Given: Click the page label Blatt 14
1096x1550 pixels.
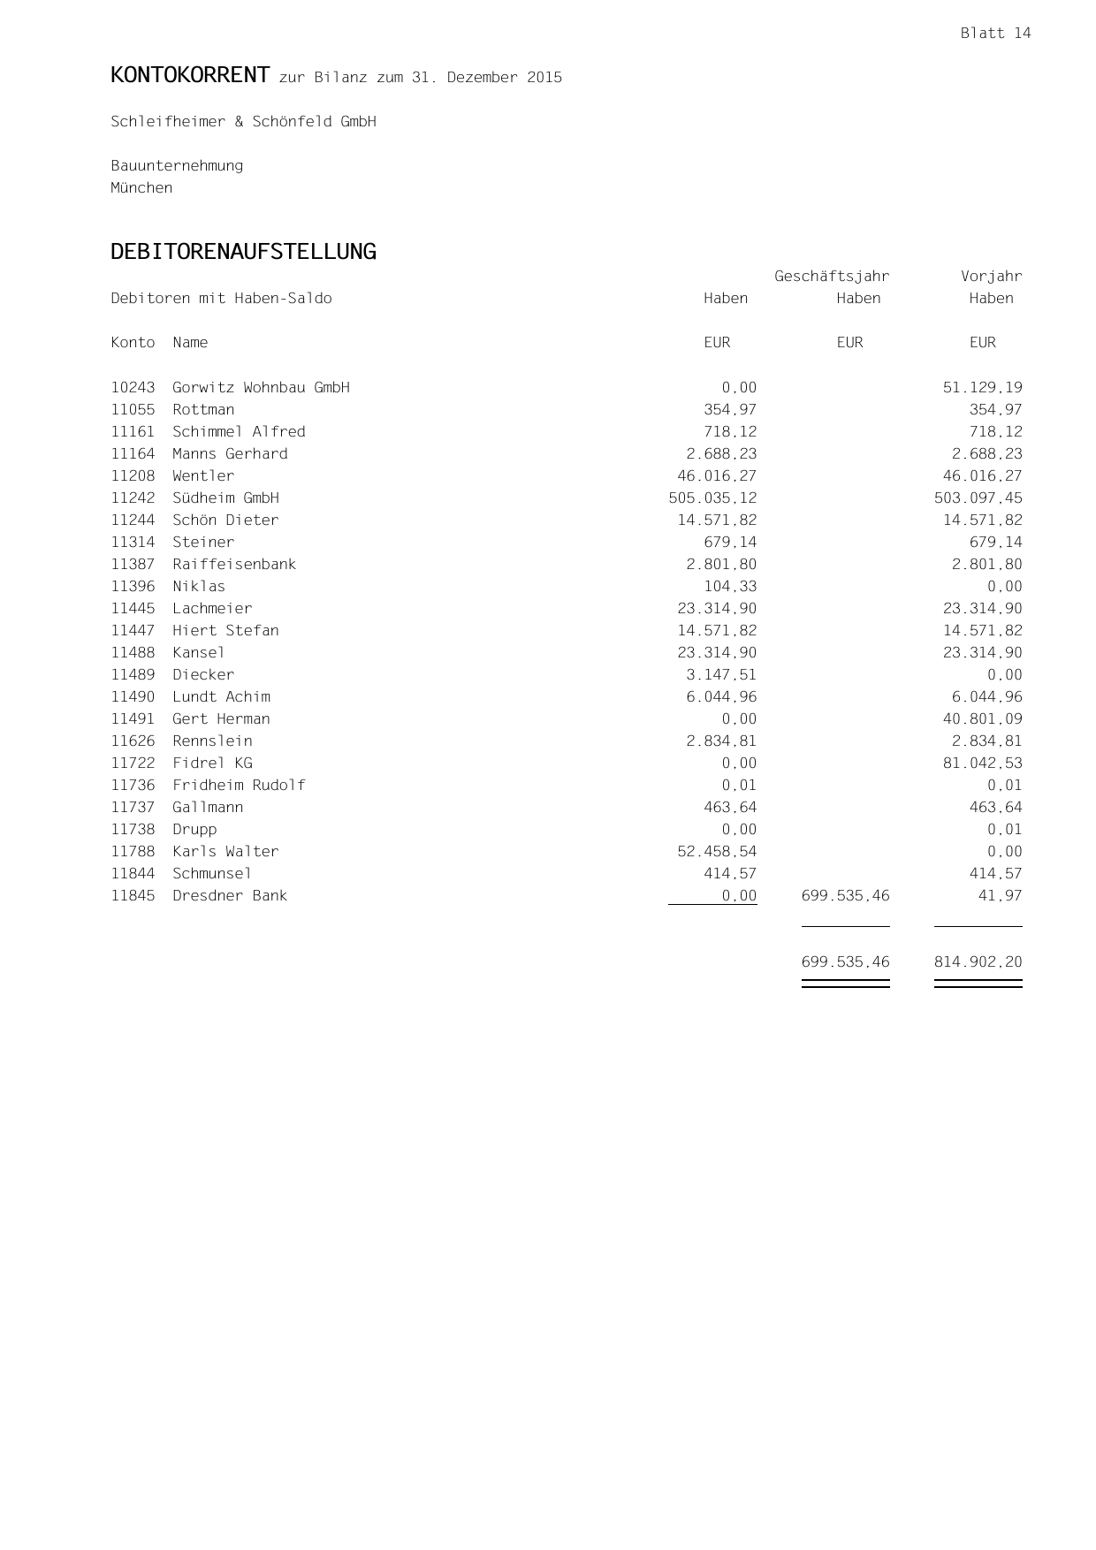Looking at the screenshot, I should (995, 34).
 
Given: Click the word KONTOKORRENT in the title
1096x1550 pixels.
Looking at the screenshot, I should (190, 76).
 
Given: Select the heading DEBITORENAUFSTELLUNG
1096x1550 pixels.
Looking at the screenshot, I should (243, 252).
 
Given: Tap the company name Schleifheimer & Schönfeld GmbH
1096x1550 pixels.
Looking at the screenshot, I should (243, 122).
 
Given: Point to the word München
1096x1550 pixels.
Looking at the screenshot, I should (141, 188).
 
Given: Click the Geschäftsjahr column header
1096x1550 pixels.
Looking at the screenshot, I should (832, 277).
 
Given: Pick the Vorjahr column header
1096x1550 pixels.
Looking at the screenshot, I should (991, 277).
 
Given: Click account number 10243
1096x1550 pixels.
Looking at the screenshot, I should (133, 388).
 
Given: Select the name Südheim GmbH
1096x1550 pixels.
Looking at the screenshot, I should (225, 498).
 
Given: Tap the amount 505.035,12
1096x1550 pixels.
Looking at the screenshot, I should (712, 498).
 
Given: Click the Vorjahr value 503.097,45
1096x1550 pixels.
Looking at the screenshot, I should (978, 498).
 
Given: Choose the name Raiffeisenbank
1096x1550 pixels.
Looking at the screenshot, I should (234, 565).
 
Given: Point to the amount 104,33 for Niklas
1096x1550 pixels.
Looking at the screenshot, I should (730, 587).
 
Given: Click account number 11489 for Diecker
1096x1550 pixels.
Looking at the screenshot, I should (133, 675).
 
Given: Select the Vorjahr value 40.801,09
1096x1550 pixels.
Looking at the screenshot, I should (982, 719).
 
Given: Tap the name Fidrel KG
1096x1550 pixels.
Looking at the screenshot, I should (212, 764).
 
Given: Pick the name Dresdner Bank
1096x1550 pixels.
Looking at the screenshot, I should (230, 896).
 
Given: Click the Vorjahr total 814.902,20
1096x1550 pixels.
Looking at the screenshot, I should (978, 962).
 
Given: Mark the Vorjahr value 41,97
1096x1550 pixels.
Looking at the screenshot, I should (1004, 896).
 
